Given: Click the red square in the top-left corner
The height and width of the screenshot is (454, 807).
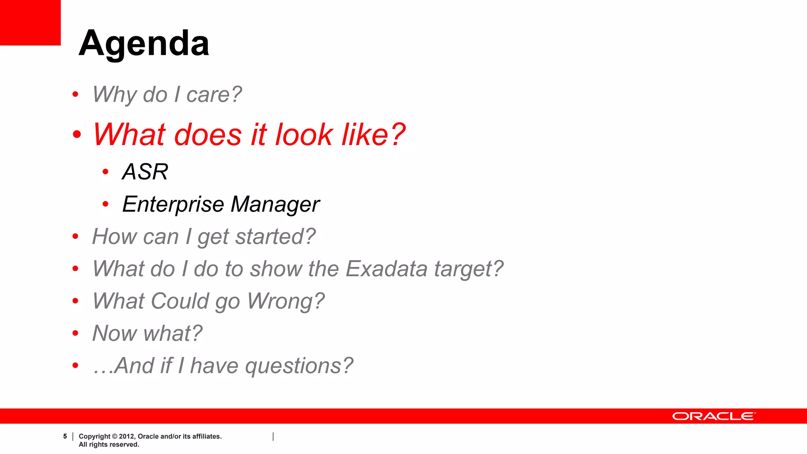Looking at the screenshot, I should tap(30, 22).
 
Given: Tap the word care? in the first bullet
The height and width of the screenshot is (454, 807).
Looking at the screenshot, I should tap(214, 95).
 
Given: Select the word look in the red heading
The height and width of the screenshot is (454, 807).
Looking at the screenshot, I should tap(304, 135).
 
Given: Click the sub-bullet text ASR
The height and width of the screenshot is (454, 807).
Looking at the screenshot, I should tap(145, 172).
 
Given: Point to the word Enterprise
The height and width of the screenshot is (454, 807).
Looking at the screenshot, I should tap(173, 205).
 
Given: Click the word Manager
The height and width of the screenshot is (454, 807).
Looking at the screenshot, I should tap(275, 205).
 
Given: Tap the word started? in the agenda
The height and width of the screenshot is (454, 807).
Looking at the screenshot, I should tap(275, 237).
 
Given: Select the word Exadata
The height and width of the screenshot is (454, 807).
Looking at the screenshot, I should tap(386, 269).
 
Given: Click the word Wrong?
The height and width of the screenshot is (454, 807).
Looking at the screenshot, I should tap(286, 301).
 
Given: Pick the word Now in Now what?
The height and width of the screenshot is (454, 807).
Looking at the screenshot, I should tap(114, 333).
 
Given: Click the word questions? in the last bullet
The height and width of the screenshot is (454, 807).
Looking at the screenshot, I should tap(299, 366).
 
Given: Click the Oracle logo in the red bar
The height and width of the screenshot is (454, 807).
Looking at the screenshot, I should tap(714, 416).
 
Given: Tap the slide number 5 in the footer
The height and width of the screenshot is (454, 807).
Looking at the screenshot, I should tap(65, 436).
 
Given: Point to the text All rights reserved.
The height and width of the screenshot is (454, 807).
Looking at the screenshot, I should tap(109, 445).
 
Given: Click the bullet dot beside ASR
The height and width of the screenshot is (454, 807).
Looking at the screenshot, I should tap(105, 172).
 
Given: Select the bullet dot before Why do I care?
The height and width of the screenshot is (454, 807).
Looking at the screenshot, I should tap(75, 95).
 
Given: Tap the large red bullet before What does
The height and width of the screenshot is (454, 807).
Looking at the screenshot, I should tap(77, 134).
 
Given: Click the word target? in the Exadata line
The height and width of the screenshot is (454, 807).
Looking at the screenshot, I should tap(469, 269).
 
